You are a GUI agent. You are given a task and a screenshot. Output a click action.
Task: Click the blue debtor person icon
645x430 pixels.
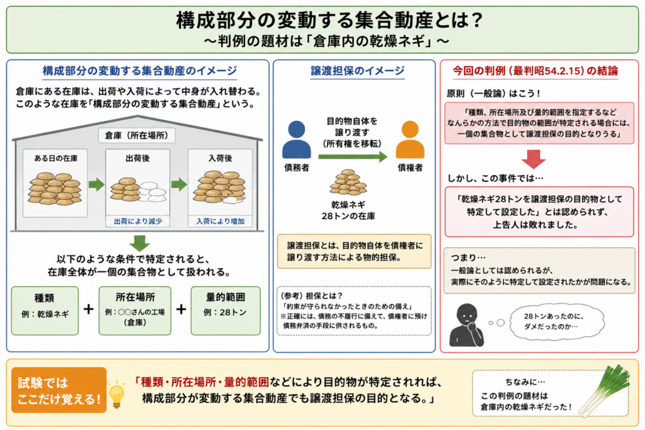coord(296,140)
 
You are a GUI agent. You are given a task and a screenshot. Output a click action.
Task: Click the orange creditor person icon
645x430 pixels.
coord(409,140)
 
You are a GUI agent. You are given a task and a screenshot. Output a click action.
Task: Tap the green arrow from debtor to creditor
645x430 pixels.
coord(353,157)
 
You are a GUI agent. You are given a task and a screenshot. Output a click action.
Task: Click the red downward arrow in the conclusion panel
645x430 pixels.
coord(534,159)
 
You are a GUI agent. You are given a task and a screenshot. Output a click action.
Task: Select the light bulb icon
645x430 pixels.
coord(117,394)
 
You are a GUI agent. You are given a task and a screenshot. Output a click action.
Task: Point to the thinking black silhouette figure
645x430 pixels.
coord(467,325)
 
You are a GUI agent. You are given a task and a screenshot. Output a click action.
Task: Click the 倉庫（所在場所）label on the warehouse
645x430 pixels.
coord(137,135)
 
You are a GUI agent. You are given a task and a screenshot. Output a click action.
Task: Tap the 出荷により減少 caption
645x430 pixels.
coord(138,221)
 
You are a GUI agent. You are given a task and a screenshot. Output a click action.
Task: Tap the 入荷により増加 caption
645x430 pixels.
coord(220,221)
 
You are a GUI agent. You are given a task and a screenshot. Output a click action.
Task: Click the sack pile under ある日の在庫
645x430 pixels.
coord(55,189)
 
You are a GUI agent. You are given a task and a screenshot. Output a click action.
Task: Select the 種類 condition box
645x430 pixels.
coord(45,310)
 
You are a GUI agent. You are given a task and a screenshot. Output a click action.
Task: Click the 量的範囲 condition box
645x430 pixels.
coord(225,310)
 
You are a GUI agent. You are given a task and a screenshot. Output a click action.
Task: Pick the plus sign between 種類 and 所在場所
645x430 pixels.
coord(88,309)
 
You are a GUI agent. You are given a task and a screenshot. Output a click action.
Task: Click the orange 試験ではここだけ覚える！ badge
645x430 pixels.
coord(59,390)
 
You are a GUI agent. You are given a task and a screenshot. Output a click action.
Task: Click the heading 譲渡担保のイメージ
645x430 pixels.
coord(358,71)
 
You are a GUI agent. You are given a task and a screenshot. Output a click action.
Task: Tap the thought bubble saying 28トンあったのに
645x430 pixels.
coord(557,322)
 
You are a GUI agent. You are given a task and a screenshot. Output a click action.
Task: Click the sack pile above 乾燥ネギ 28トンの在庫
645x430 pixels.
coord(348,182)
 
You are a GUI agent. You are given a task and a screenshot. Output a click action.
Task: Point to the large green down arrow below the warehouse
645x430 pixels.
coord(139,243)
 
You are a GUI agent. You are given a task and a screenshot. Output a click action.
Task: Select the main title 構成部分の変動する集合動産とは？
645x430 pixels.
coord(329,20)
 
